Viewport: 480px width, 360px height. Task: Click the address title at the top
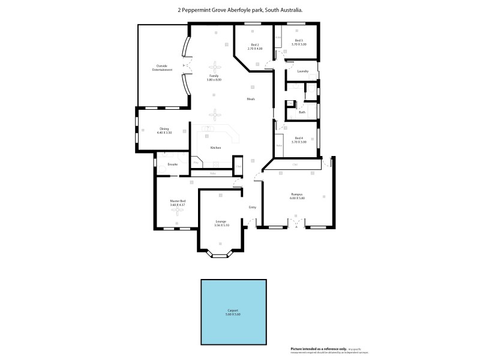tap(239, 10)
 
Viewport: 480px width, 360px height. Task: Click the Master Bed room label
tap(178, 200)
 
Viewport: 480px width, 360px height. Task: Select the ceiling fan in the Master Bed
tap(178, 212)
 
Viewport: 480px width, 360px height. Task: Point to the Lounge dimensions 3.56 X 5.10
tap(221, 226)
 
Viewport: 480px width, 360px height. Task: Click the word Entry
tap(253, 208)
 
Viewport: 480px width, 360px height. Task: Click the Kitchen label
tap(215, 148)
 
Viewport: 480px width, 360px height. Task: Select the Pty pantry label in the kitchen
tap(196, 162)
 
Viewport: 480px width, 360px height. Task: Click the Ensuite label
tap(172, 164)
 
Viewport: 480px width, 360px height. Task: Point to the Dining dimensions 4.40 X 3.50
tap(164, 132)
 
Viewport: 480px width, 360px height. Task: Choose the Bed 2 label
tap(255, 45)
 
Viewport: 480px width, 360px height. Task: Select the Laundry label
tap(303, 71)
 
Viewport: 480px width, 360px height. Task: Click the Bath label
tap(302, 112)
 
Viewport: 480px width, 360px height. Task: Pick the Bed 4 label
tap(299, 138)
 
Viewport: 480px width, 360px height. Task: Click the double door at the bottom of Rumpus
tap(296, 225)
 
